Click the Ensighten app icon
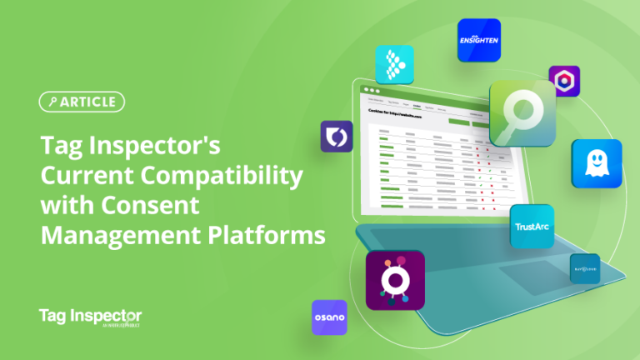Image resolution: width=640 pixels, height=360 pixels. [x=479, y=39]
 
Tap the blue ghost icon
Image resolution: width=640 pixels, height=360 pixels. [x=596, y=163]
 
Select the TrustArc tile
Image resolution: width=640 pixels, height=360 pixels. [x=532, y=226]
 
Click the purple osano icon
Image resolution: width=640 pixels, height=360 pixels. [x=329, y=317]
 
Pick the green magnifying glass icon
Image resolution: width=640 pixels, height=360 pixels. [x=522, y=113]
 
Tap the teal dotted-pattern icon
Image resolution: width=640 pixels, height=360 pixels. [x=395, y=65]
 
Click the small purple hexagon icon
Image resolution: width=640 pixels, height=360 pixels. [x=564, y=81]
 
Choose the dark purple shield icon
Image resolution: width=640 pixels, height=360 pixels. [x=337, y=136]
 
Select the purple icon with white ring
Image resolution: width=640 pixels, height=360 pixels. [x=395, y=280]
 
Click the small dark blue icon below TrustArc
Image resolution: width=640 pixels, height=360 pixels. [x=584, y=268]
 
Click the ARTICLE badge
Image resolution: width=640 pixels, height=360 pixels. [x=82, y=102]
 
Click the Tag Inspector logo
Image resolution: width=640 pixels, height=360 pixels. [x=90, y=317]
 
